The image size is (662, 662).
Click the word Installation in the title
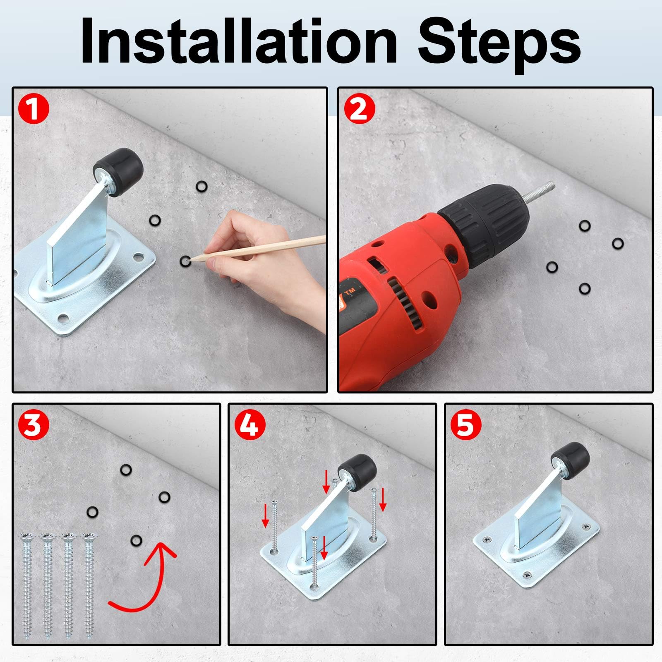(x=239, y=41)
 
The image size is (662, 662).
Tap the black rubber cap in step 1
(x=118, y=168)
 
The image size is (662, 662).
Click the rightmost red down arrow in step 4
(x=383, y=499)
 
